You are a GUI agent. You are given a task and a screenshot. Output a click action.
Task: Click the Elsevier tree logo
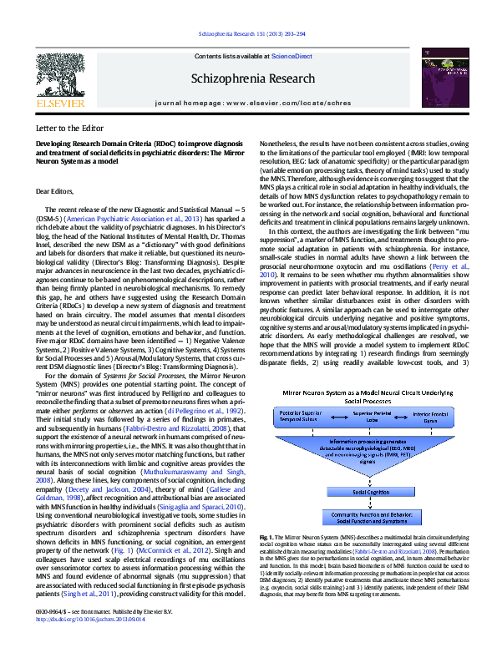click(60, 76)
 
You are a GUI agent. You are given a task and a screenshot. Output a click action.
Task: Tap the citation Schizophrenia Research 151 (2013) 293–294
click(248, 33)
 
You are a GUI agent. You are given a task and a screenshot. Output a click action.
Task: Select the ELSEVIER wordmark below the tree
click(60, 104)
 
